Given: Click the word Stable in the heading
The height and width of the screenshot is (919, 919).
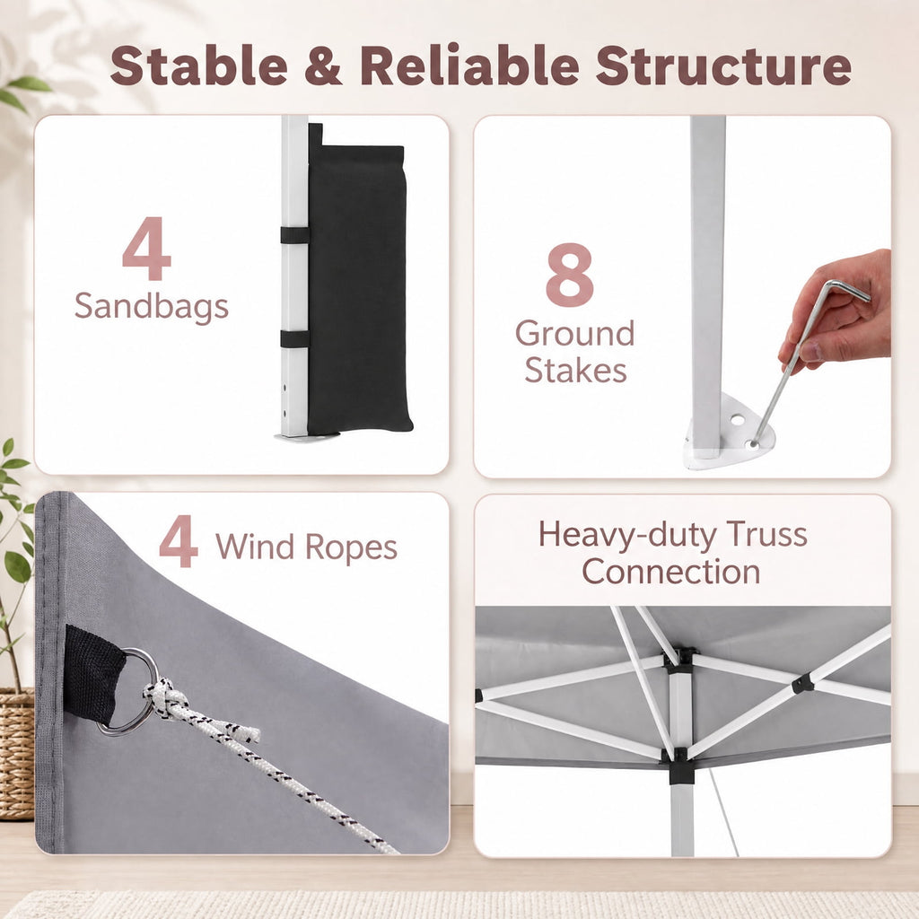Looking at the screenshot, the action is [198, 65].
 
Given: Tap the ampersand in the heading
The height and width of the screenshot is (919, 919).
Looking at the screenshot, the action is [323, 66].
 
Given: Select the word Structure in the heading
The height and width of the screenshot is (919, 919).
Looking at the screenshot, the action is [723, 66].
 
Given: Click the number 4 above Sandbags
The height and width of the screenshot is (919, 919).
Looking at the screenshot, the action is [146, 249].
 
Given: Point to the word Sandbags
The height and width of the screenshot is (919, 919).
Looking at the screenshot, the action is [151, 307].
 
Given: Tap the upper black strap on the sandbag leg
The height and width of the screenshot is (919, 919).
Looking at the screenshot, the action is [294, 235].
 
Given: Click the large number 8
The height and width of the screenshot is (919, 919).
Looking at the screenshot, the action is [570, 275].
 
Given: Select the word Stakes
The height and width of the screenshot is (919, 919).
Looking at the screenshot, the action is [575, 371].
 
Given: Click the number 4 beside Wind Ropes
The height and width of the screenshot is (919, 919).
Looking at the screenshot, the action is [179, 541].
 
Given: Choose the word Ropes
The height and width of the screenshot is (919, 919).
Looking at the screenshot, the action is [351, 548].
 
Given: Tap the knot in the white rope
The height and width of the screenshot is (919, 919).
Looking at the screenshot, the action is [166, 699].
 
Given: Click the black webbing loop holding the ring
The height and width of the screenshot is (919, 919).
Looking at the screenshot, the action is [93, 674].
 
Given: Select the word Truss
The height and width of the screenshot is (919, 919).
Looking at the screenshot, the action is [766, 535].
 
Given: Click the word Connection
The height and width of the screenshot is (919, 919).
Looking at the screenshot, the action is [671, 572].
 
